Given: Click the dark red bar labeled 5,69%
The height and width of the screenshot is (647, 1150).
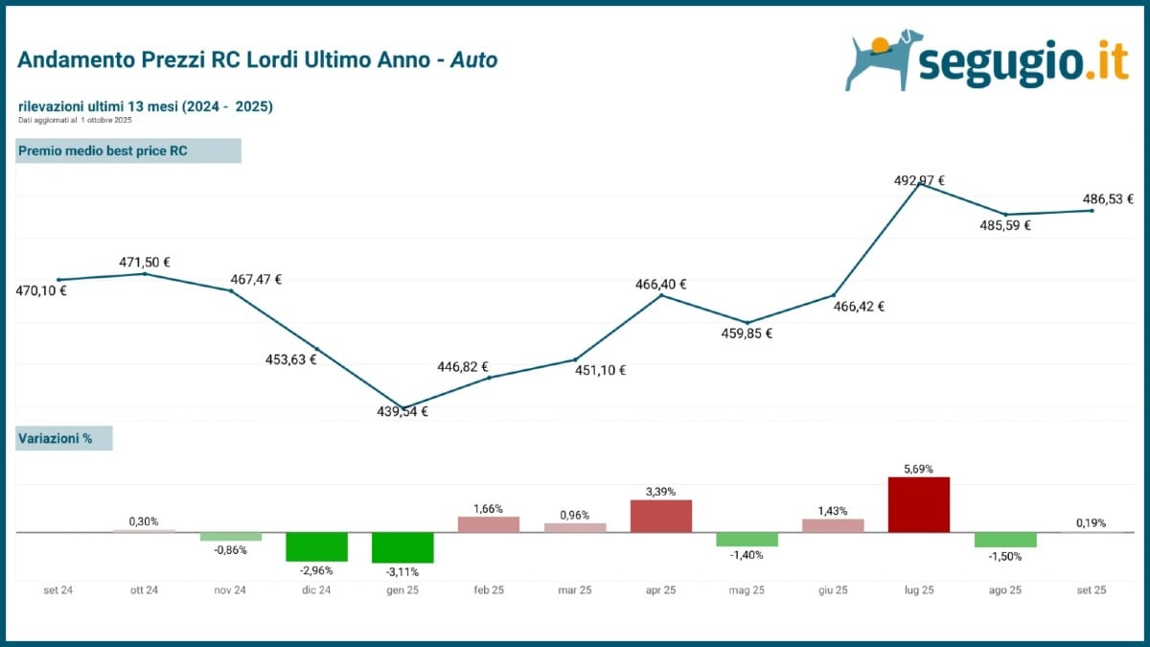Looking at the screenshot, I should click(918, 504).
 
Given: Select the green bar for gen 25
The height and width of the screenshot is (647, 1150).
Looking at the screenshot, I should click(402, 547).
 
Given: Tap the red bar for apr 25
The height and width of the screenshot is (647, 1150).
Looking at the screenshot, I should click(660, 516).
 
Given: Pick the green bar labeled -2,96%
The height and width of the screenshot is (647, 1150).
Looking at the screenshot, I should click(316, 546).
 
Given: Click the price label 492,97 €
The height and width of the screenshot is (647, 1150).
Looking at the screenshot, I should click(919, 180).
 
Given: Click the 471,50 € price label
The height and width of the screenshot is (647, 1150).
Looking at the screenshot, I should click(145, 262).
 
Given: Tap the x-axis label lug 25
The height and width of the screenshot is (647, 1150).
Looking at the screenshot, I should click(918, 590).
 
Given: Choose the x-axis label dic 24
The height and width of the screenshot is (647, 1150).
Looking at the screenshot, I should click(316, 590).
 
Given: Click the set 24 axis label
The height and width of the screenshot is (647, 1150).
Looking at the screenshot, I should click(58, 590).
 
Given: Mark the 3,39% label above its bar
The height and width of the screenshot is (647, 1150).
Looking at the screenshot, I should click(660, 492).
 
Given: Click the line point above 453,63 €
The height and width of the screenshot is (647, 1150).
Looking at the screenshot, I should click(316, 348).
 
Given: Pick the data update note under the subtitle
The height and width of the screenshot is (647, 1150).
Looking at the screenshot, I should click(75, 120).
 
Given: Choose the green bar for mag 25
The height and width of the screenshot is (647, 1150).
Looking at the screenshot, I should click(747, 539).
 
